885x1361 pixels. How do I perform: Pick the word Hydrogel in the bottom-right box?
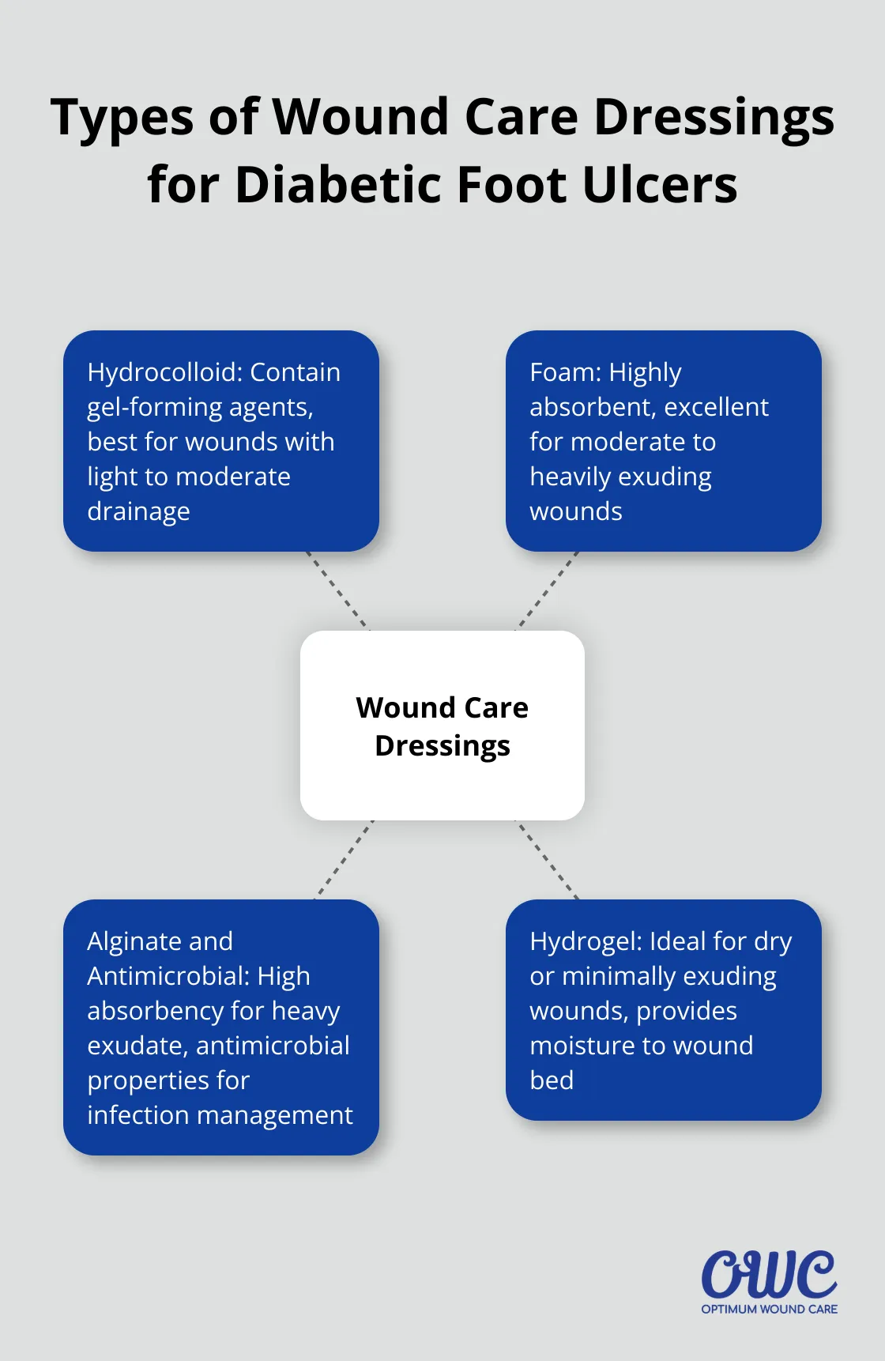click(x=586, y=941)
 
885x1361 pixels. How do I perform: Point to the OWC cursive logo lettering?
click(x=769, y=1273)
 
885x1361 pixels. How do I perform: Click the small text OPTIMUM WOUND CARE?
click(x=769, y=1310)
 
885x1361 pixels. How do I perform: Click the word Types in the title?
click(x=122, y=117)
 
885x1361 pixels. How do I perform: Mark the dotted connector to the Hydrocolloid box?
click(x=337, y=591)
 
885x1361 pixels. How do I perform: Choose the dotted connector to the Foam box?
click(x=548, y=591)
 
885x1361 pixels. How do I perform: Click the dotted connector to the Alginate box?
click(x=344, y=860)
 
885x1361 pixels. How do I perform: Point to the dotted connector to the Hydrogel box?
click(x=548, y=860)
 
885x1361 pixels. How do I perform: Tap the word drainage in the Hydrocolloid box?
click(x=138, y=512)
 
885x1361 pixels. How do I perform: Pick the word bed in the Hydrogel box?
click(x=552, y=1080)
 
